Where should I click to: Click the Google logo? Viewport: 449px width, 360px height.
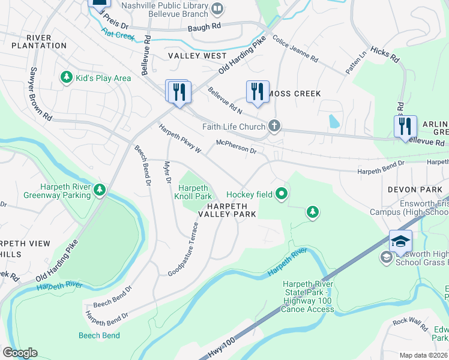[20, 353]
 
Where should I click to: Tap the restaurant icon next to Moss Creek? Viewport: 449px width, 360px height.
[258, 92]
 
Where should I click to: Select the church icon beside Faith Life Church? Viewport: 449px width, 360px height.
[274, 126]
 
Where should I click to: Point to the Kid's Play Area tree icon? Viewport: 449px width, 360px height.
[65, 77]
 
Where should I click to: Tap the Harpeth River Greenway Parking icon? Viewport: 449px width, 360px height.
[100, 190]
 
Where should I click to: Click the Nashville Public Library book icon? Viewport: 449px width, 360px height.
[217, 8]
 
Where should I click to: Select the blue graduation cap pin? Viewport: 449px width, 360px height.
[400, 242]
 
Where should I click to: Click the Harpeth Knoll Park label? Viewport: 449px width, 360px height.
[193, 192]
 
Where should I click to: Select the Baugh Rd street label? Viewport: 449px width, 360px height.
[204, 26]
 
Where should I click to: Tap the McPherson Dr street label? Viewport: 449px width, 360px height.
[236, 146]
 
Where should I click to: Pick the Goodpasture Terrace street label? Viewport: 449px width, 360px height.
[182, 249]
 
